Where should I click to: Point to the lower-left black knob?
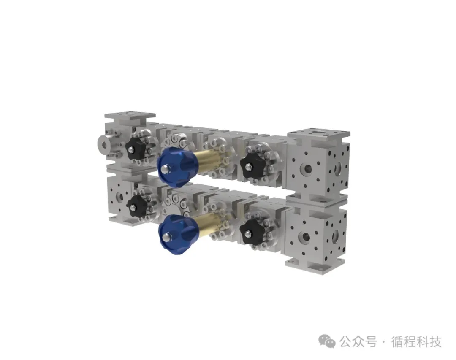click(138, 206)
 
